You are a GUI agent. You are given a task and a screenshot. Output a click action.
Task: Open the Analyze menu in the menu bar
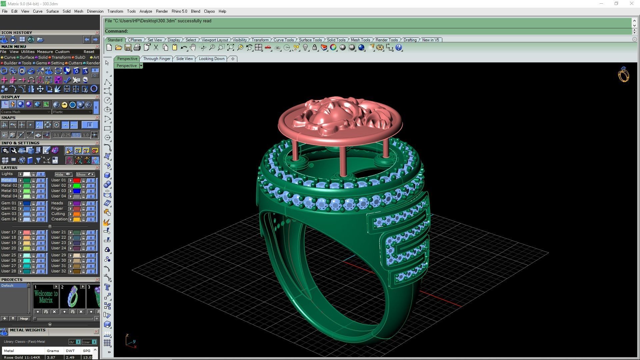pos(146,11)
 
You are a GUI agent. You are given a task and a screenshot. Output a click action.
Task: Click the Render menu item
pos(162,11)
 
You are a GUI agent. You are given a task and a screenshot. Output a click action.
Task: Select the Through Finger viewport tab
pos(157,59)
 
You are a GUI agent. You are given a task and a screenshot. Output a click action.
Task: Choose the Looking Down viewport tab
pos(212,59)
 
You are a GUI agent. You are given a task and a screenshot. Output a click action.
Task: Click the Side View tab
pos(184,59)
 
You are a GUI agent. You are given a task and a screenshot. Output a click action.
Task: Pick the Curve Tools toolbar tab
pos(283,40)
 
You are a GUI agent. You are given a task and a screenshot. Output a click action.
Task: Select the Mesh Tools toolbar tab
pos(360,40)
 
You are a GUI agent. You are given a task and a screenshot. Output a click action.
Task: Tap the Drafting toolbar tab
pos(410,40)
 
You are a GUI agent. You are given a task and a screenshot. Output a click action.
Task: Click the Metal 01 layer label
pos(9,180)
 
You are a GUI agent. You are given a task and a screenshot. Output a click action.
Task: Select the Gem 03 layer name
pos(9,214)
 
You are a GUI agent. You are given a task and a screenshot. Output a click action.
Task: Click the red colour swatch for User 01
pos(77,180)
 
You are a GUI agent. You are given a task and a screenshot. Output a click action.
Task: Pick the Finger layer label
pos(57,209)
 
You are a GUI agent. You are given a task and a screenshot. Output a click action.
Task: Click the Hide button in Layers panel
pos(63,174)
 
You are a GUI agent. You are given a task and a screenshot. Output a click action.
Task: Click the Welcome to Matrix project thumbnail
pos(46,296)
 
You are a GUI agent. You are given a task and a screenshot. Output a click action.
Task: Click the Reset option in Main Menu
pos(89,52)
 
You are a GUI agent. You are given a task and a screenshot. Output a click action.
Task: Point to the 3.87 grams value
pos(51,357)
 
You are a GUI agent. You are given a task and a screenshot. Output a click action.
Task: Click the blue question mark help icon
pos(399,48)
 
